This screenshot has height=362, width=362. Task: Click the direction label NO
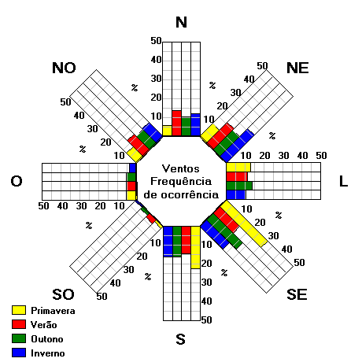pyautogui.click(x=64, y=68)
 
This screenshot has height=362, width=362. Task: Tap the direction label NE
pyautogui.click(x=297, y=68)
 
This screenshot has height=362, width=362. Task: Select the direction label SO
pyautogui.click(x=63, y=294)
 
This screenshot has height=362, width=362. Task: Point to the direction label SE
pyautogui.click(x=297, y=294)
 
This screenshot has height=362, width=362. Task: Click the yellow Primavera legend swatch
pyautogui.click(x=19, y=310)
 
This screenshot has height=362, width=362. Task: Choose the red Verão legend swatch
pyautogui.click(x=19, y=324)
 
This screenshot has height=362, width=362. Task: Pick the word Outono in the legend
pyautogui.click(x=47, y=339)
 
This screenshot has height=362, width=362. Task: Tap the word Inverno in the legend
pyautogui.click(x=48, y=353)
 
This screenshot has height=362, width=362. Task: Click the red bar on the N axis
pyautogui.click(x=176, y=123)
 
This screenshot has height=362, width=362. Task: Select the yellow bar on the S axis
pyautogui.click(x=195, y=247)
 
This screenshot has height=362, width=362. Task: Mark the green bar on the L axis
pyautogui.click(x=239, y=186)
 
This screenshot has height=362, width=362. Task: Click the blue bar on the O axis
pyautogui.click(x=133, y=168)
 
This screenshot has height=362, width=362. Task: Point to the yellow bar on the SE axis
pyautogui.click(x=244, y=223)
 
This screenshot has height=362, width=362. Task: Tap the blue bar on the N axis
pyautogui.click(x=196, y=124)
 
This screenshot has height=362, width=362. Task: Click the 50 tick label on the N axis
pyautogui.click(x=156, y=41)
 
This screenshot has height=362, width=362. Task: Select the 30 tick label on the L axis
pyautogui.click(x=283, y=156)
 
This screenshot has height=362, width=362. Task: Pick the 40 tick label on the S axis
pyautogui.click(x=207, y=301)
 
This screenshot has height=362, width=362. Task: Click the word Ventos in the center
pyautogui.click(x=181, y=168)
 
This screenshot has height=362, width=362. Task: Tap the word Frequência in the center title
pyautogui.click(x=181, y=182)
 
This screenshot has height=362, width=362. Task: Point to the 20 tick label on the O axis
pyautogui.click(x=100, y=206)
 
